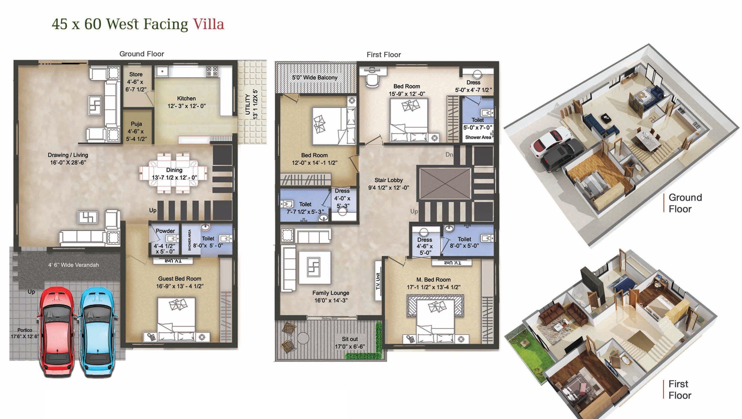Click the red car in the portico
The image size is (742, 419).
pos(57,331)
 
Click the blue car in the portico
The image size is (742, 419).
pos(98,331)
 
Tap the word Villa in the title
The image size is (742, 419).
pos(208,24)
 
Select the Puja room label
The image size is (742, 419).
pos(136,124)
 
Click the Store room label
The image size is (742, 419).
pos(136,74)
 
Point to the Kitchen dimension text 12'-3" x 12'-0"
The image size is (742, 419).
pos(186,106)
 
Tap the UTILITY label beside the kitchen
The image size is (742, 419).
pos(247,104)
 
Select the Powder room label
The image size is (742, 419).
pos(165,231)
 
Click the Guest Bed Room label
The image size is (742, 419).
pos(179,278)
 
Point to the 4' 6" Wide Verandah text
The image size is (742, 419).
pos(73,264)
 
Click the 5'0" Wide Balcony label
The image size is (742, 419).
pos(314,77)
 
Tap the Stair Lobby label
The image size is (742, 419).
pos(388,180)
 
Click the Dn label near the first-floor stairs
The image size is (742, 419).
pos(449,155)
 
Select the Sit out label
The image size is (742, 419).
pos(350,339)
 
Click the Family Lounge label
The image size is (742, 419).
pos(331,293)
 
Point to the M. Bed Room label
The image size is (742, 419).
pos(433,279)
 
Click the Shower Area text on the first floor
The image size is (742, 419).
pos(478,137)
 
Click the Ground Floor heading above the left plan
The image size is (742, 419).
pos(141,54)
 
